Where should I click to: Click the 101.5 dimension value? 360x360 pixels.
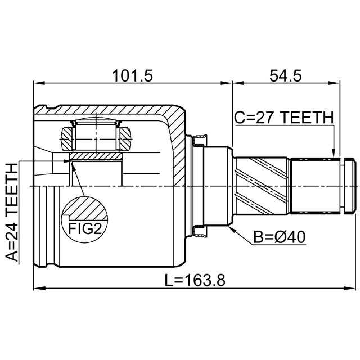tap(133, 75)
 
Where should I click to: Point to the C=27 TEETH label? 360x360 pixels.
tap(283, 118)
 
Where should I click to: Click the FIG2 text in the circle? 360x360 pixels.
tap(84, 228)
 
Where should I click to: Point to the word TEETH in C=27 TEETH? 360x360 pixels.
tap(307, 118)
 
